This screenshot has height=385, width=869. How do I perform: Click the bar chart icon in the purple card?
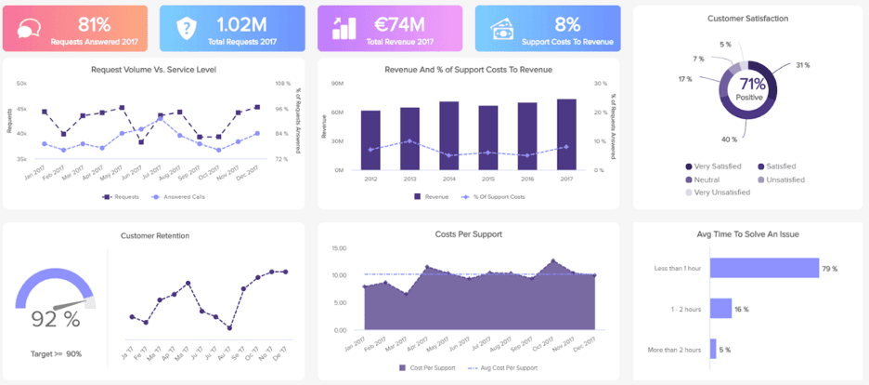click(x=344, y=29)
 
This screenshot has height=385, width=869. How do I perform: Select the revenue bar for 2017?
click(x=566, y=135)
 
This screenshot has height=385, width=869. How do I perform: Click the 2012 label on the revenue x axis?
click(x=370, y=179)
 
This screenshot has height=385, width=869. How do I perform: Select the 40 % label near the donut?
click(x=729, y=139)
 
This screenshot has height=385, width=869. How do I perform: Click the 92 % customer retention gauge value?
click(x=56, y=318)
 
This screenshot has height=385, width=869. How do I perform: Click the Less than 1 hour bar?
click(x=764, y=269)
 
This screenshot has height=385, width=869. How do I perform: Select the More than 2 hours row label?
click(x=678, y=349)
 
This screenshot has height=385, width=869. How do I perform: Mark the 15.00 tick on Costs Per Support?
click(x=339, y=248)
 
